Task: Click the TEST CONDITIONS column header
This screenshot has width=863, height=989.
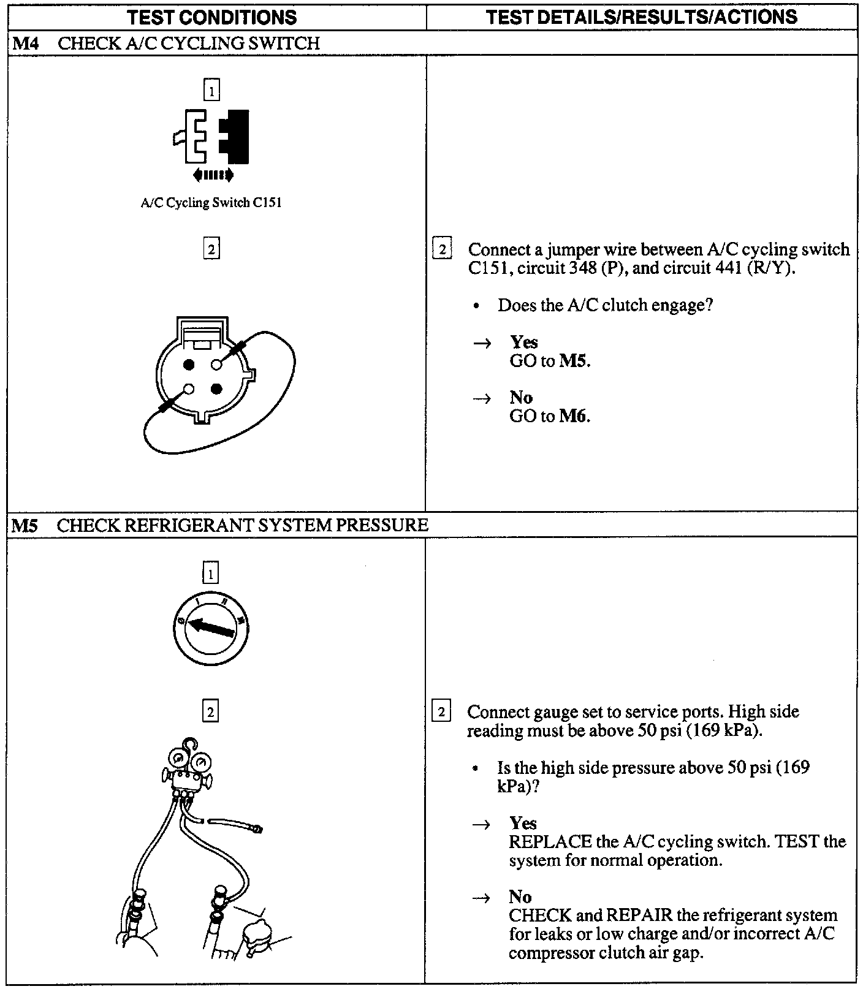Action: [x=212, y=17]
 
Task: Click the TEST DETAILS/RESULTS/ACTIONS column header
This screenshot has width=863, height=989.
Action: [x=642, y=17]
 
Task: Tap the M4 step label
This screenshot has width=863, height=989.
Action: [x=25, y=44]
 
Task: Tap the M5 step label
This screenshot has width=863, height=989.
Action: [x=25, y=525]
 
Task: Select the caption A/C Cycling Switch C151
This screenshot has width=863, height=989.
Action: [x=211, y=203]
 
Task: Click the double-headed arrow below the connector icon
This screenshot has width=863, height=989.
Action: [x=213, y=175]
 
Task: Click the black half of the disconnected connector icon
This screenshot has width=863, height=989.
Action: [x=235, y=137]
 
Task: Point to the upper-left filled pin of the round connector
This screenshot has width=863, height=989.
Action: [x=189, y=365]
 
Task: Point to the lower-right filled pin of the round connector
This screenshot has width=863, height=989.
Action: [x=216, y=389]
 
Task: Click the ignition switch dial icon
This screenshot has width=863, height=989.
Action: [x=211, y=629]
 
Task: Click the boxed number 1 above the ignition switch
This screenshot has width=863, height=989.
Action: [x=210, y=574]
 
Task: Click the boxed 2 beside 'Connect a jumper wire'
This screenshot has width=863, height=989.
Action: [x=442, y=249]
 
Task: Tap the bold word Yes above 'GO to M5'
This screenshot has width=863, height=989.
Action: [x=523, y=342]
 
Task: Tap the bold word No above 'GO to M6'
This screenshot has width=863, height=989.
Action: [x=521, y=397]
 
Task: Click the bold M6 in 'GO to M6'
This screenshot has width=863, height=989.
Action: [x=574, y=416]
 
